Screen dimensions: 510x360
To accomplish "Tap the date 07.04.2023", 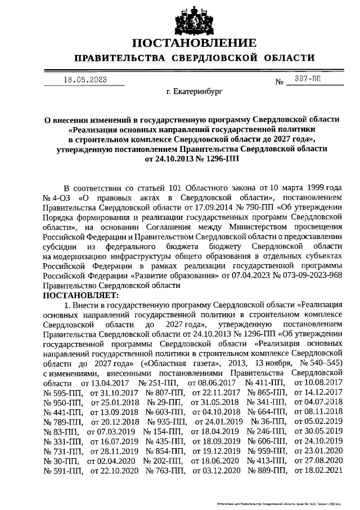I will coord(248,276).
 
